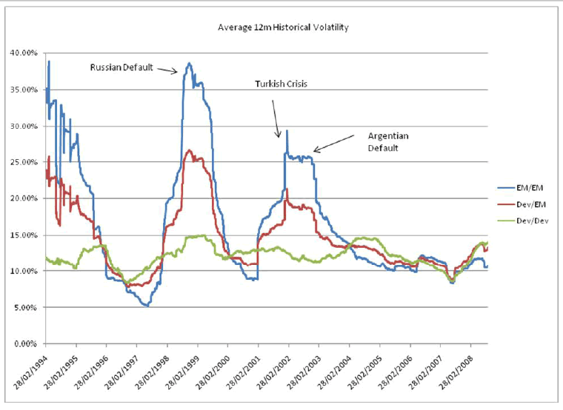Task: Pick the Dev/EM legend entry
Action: (529, 204)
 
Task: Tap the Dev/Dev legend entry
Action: (530, 220)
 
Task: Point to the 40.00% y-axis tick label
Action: (25, 53)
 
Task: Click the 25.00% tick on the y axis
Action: (25, 162)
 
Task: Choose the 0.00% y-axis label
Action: (27, 344)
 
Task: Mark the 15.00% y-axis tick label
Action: (25, 235)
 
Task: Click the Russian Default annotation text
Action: (121, 67)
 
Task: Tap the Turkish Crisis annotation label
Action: (281, 84)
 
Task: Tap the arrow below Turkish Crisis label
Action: (276, 115)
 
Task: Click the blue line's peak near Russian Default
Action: (189, 64)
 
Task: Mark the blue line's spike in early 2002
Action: (286, 131)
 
